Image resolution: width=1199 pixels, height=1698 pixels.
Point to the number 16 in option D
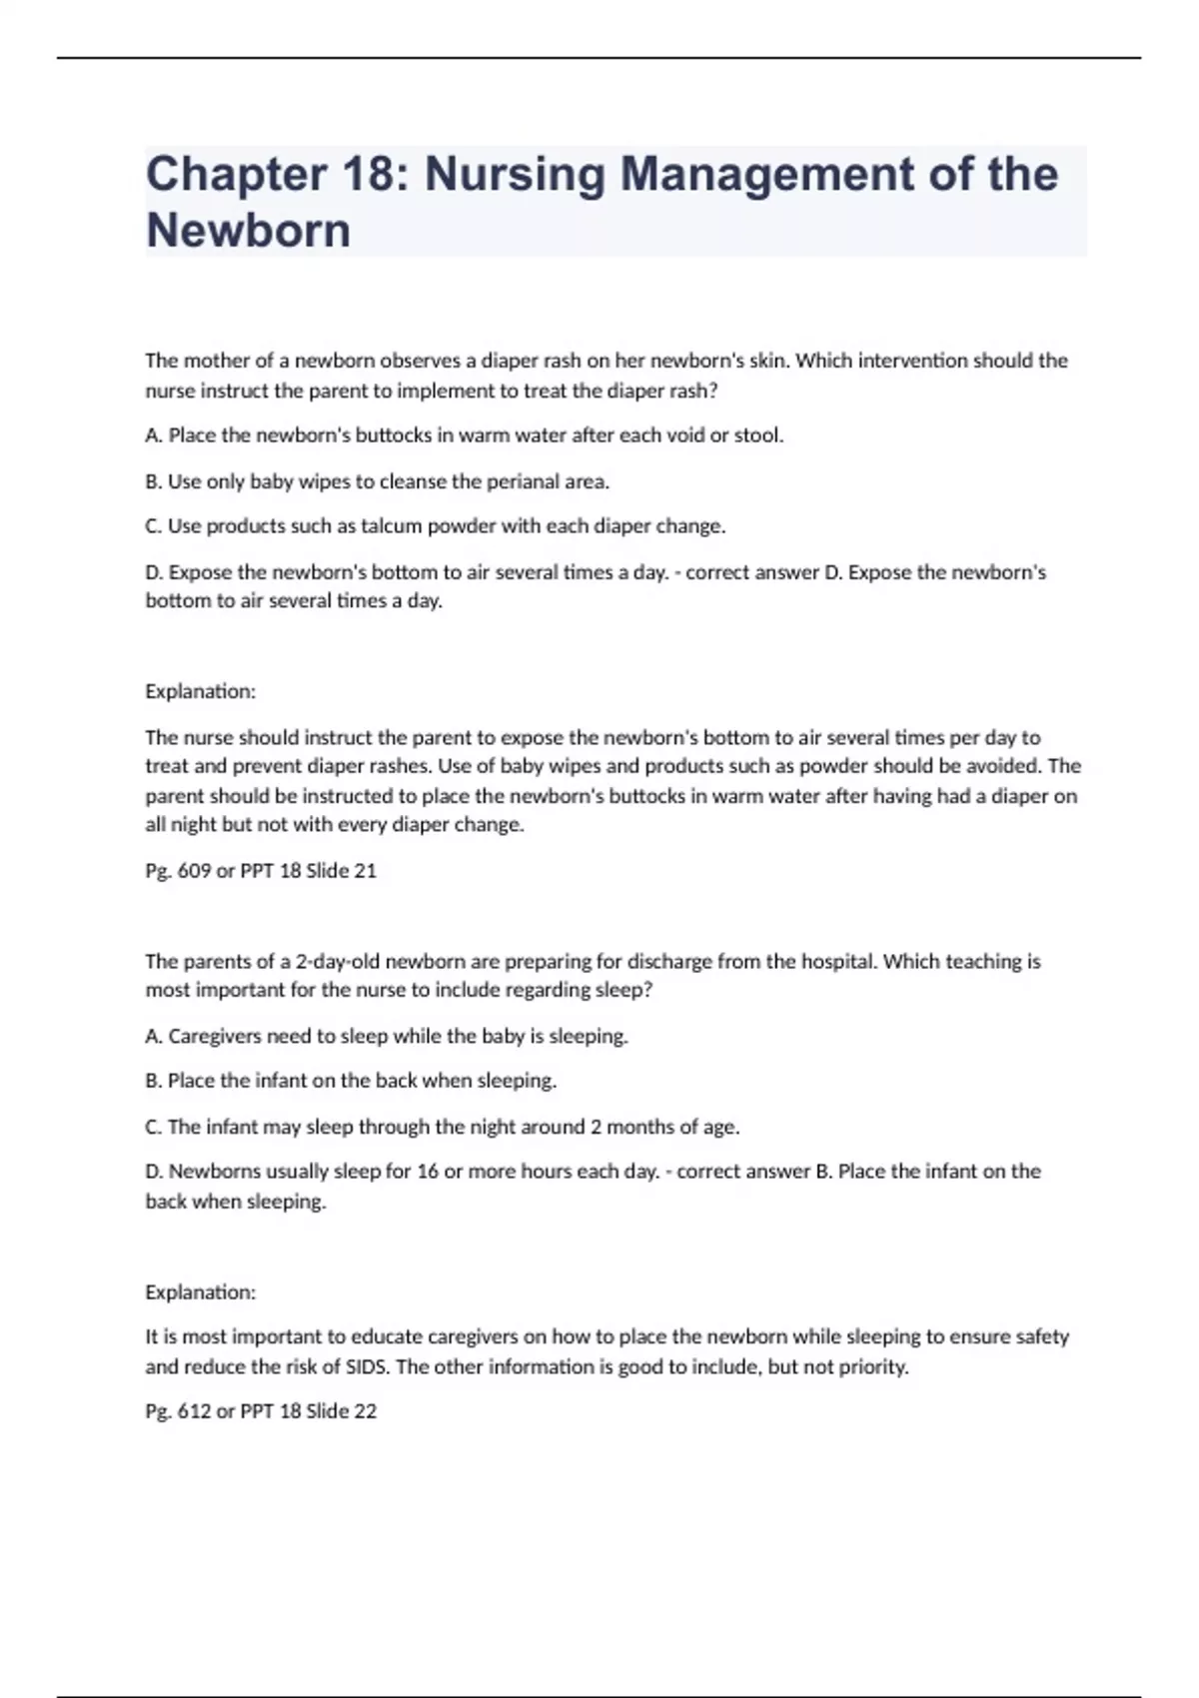click(x=427, y=1171)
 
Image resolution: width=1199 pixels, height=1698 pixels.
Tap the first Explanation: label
click(x=200, y=691)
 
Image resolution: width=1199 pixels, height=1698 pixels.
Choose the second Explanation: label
click(x=200, y=1291)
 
